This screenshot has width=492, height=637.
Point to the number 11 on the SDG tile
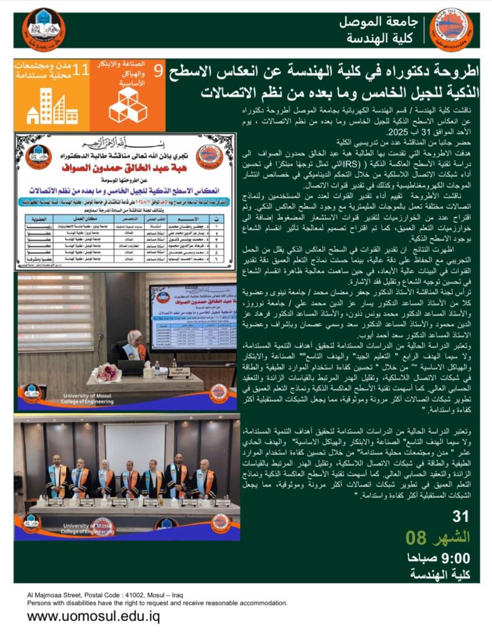(x=80, y=70)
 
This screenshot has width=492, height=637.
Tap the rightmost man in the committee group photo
(x=205, y=478)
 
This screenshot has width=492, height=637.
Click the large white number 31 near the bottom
(x=461, y=516)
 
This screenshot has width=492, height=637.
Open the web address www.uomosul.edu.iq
(x=93, y=617)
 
